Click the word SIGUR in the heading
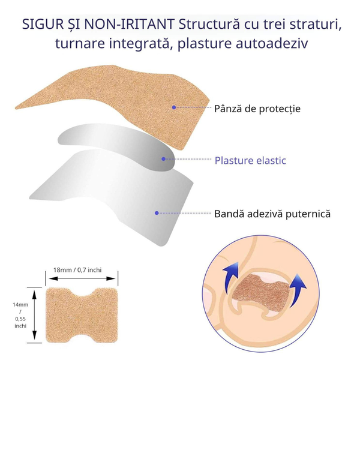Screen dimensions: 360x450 pos(43,24)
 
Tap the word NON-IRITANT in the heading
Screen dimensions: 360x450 pos(129,24)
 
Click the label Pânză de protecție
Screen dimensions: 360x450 pos(257,109)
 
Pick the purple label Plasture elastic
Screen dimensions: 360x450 pos(250,160)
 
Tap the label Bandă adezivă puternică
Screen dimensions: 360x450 pos(272,214)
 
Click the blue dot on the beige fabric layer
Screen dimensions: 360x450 pos(174,107)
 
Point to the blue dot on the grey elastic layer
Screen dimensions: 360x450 pos(163,159)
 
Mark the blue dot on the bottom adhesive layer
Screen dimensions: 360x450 pos(157,213)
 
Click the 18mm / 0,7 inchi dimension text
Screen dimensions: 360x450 pos(77,270)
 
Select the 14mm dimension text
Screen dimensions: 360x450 pos(20,305)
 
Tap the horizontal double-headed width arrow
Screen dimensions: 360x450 pos(82,278)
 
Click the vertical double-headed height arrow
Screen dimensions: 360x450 pos(34,315)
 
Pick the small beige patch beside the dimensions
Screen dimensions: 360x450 pos(82,315)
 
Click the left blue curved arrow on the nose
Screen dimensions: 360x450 pos(232,277)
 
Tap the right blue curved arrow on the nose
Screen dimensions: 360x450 pos(298,290)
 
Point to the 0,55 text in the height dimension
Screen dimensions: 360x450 pos(20,319)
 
